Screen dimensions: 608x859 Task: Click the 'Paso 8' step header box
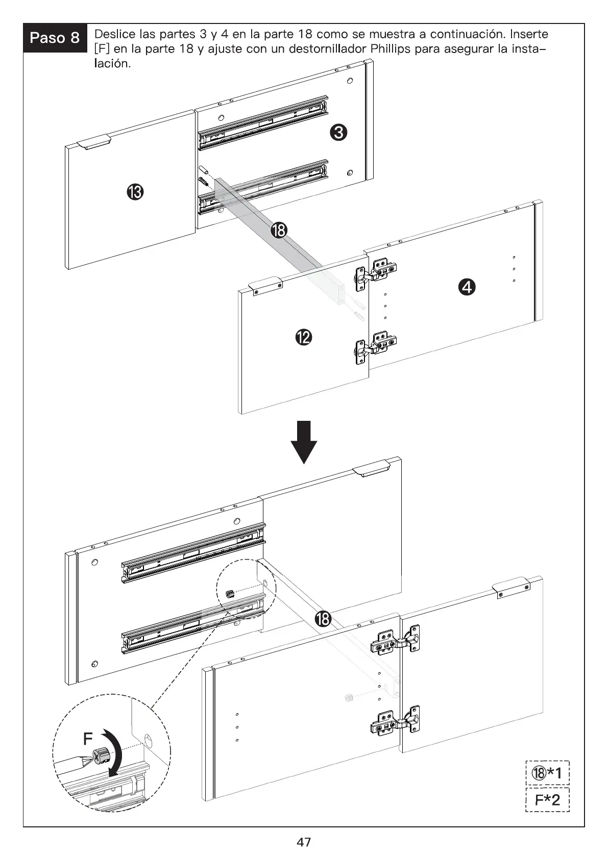[55, 38]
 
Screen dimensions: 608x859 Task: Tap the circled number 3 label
[338, 133]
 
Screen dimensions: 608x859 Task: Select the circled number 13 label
[135, 192]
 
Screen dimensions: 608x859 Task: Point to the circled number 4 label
[467, 287]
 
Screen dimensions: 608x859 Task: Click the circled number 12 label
[304, 338]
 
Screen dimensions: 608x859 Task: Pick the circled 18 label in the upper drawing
[279, 230]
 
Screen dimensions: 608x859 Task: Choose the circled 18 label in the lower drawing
[323, 619]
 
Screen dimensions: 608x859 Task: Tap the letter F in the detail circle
[88, 738]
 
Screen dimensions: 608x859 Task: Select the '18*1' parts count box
[547, 773]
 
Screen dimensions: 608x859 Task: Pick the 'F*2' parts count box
[547, 799]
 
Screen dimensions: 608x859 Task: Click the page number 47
[304, 842]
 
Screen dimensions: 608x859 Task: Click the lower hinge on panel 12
[375, 347]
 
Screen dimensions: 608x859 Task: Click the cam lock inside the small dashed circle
[231, 594]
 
